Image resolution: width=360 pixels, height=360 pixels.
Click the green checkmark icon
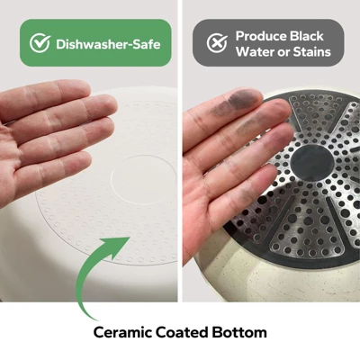click(40, 43)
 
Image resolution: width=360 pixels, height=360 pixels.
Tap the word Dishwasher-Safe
click(108, 44)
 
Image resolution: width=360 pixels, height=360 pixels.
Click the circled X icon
click(217, 42)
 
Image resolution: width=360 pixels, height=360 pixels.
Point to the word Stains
click(311, 52)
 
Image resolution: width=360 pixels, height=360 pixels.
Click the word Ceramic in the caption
click(122, 332)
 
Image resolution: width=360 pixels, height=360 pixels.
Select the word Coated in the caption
click(182, 332)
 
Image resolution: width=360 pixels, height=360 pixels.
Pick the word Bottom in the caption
click(239, 332)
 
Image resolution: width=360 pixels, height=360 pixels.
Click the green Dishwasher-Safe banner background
click(95, 42)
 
